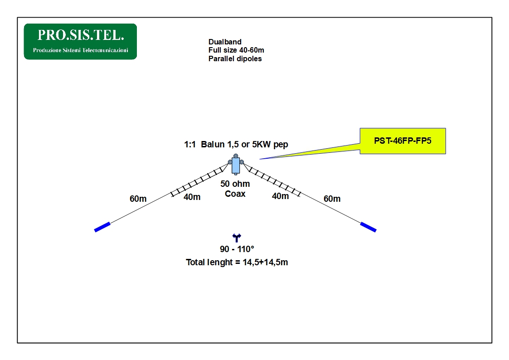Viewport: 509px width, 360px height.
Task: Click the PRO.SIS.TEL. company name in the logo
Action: click(x=81, y=35)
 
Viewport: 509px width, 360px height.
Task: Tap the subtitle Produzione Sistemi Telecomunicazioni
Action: click(x=81, y=50)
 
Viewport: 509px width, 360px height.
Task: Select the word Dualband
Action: click(x=225, y=42)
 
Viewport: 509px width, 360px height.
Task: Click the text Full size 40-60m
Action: click(x=236, y=50)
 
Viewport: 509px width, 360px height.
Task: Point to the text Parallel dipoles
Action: click(x=235, y=59)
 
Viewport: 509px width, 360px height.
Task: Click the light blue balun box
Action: click(x=236, y=165)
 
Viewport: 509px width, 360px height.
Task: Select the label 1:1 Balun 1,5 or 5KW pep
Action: click(x=236, y=145)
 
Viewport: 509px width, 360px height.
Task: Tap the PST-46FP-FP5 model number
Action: click(x=402, y=141)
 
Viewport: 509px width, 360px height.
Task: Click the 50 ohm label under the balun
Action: click(x=235, y=184)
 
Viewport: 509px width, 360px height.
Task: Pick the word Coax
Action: click(x=235, y=194)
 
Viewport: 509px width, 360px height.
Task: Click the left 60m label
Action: click(x=138, y=199)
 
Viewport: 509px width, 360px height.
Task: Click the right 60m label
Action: click(x=332, y=199)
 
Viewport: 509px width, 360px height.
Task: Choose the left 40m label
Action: click(x=192, y=197)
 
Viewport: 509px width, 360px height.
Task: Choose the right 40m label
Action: click(x=281, y=196)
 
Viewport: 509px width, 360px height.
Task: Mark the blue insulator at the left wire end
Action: click(x=102, y=227)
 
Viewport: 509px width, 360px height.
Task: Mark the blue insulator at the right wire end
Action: click(x=368, y=227)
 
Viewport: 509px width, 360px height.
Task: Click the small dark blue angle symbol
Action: click(x=237, y=238)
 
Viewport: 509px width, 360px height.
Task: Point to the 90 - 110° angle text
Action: click(x=237, y=249)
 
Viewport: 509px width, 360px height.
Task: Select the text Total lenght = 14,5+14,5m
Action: click(x=237, y=262)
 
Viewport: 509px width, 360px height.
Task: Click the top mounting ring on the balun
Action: click(x=236, y=156)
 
